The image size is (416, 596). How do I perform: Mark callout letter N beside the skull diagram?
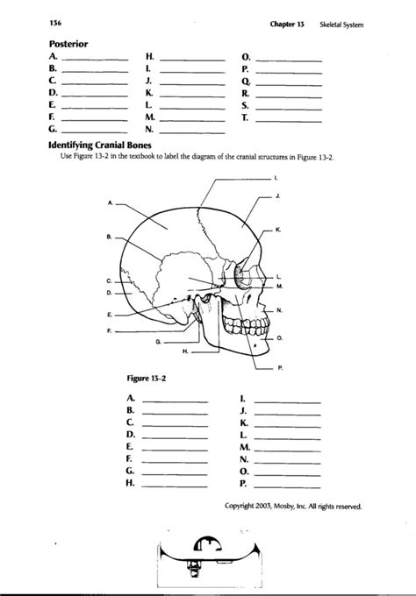click(x=279, y=311)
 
